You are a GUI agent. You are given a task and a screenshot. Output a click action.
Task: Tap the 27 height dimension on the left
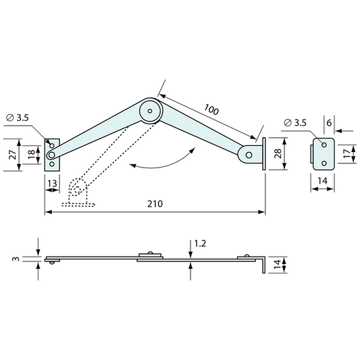[x=11, y=154]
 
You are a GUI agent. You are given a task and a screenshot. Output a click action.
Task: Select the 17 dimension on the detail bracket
[x=346, y=155]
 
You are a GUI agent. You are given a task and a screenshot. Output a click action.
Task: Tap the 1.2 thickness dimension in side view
[x=200, y=242]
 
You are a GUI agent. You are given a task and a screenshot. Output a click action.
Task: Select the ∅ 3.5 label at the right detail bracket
[x=296, y=122]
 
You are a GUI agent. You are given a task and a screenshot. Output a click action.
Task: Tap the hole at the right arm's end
[x=250, y=155]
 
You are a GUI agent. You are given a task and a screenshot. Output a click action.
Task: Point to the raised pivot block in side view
[x=150, y=255]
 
